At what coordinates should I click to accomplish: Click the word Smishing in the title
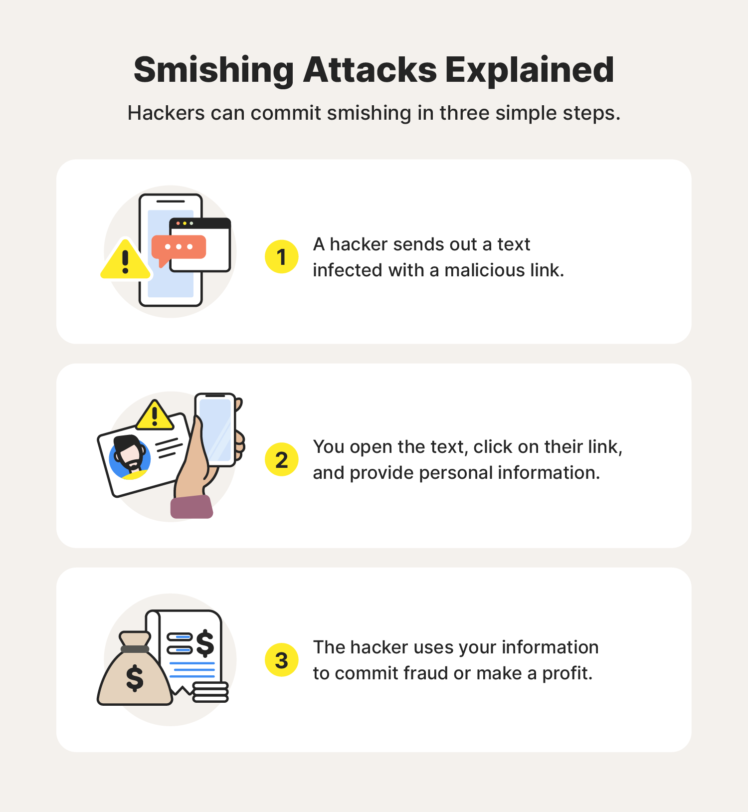214,70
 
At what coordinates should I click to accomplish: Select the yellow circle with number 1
282,257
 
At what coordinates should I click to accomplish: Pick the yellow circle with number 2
282,459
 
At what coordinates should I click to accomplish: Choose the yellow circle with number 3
282,660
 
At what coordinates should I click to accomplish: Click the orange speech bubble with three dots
179,247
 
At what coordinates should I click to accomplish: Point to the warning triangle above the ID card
155,416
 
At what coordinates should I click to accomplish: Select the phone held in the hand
215,429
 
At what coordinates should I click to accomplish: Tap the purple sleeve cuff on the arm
191,507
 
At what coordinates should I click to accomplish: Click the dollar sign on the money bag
135,678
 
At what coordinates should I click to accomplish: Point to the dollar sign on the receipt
205,643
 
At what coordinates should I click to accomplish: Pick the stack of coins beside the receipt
210,692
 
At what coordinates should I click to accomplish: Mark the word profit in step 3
567,673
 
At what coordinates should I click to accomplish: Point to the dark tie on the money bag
135,649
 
